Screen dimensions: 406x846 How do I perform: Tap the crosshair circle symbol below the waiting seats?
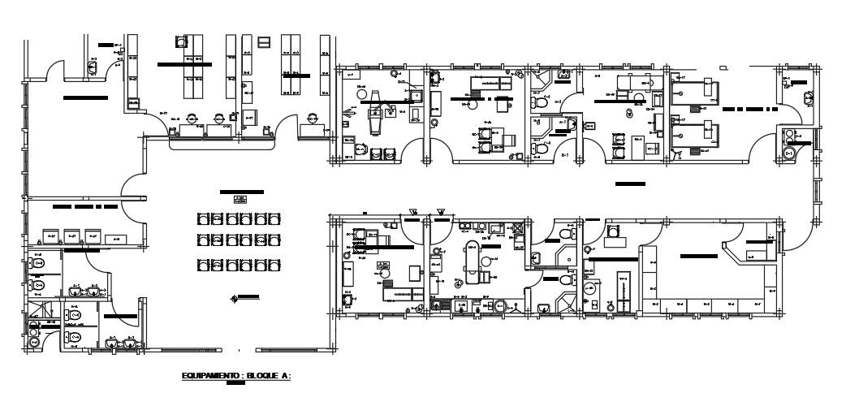(x=235, y=296)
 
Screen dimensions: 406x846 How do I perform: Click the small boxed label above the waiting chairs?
(x=239, y=200)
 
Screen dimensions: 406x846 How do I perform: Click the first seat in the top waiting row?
(x=203, y=218)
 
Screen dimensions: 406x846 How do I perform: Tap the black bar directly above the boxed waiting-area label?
(x=242, y=191)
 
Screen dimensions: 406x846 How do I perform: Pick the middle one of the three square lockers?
(x=74, y=236)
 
